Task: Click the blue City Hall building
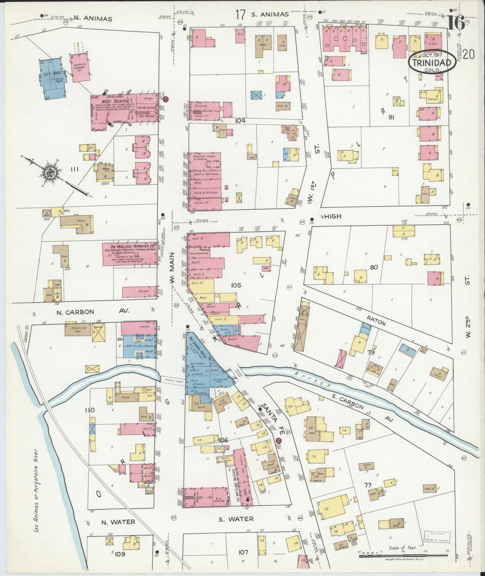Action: tap(52, 79)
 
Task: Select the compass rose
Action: tap(49, 173)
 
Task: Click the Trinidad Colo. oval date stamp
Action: tap(431, 61)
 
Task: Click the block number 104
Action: tap(241, 121)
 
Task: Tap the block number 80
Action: tap(374, 267)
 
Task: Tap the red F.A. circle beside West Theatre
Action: tap(165, 98)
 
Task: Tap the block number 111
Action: tap(74, 170)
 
